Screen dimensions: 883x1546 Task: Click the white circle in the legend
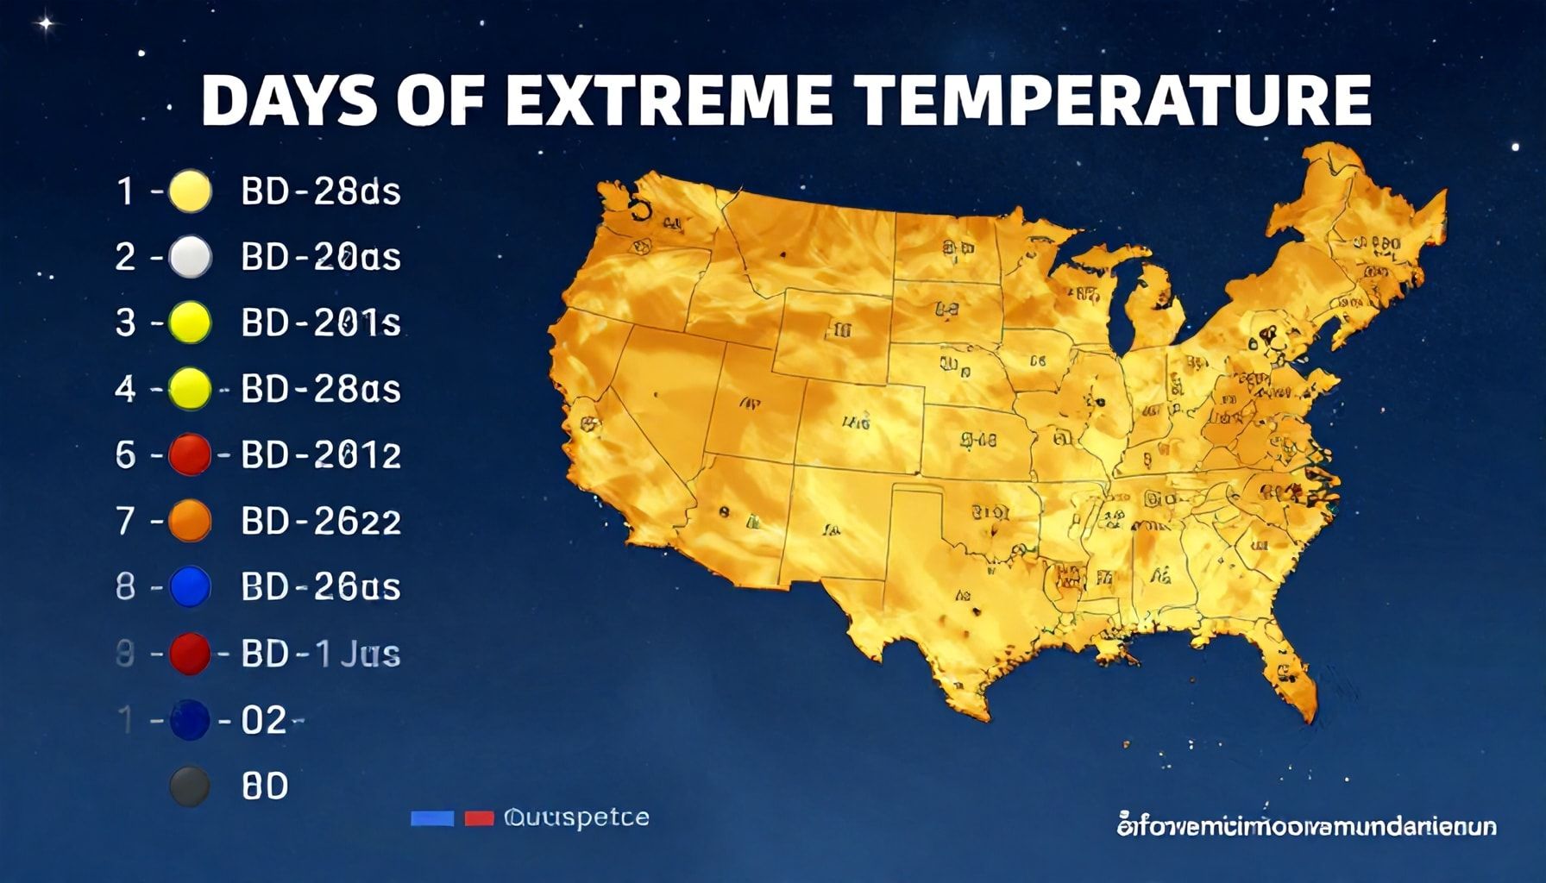(x=190, y=257)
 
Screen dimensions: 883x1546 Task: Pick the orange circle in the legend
(x=190, y=521)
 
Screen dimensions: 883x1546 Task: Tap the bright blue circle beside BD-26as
(x=190, y=587)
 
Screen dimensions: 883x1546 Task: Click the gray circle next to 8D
(x=190, y=786)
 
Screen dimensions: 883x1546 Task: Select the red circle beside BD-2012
(x=190, y=454)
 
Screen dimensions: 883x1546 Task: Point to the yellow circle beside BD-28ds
(x=190, y=191)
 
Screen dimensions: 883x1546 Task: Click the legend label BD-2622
(x=321, y=521)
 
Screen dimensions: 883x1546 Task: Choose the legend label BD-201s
(x=321, y=323)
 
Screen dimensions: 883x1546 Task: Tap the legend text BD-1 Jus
(x=321, y=654)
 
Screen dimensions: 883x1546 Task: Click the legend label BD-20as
(x=321, y=257)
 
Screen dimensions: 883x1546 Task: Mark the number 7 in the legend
(x=126, y=521)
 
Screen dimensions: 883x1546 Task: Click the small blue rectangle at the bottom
(x=432, y=817)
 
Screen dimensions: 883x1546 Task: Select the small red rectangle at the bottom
(x=479, y=817)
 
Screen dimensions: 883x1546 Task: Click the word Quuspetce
(x=575, y=817)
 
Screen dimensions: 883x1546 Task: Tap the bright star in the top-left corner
(x=47, y=23)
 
